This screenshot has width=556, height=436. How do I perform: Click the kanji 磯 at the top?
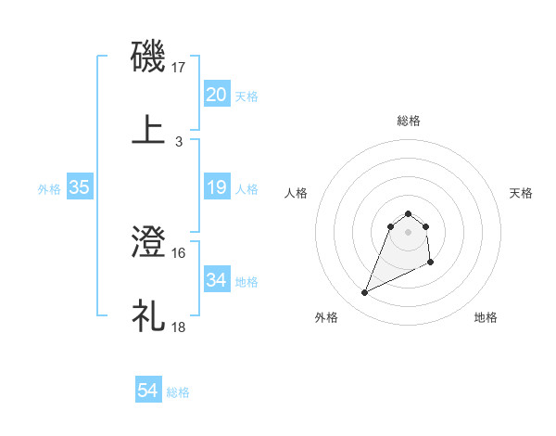pos(149,58)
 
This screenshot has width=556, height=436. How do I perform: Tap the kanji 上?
pos(149,129)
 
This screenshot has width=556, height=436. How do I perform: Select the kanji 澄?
pos(149,244)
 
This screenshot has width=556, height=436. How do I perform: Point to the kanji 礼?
pos(149,315)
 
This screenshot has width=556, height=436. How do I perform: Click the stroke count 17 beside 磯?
pos(180,67)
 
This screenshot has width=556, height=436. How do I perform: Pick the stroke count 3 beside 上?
pos(179,141)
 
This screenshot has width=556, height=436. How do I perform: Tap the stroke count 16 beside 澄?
pos(179,252)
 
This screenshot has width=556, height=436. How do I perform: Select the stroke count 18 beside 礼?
pos(179,327)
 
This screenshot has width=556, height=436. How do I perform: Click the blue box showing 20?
pos(216,95)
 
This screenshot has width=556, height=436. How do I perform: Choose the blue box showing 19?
pos(216,187)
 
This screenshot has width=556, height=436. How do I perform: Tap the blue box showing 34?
pos(216,280)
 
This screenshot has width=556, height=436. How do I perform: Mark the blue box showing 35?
pos(80,187)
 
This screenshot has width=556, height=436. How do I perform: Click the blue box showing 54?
pos(148,391)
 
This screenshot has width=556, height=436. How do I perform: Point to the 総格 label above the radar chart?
pos(409,121)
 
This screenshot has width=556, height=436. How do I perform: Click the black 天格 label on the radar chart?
pos(522,193)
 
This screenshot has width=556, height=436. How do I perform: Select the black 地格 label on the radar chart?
pos(486,317)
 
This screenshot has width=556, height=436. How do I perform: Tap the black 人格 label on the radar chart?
pos(297,193)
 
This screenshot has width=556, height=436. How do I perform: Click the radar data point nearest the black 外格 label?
pos(365,293)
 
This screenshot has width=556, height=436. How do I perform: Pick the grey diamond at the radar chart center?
pos(409,232)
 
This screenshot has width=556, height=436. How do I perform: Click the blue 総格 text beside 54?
pos(178,392)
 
